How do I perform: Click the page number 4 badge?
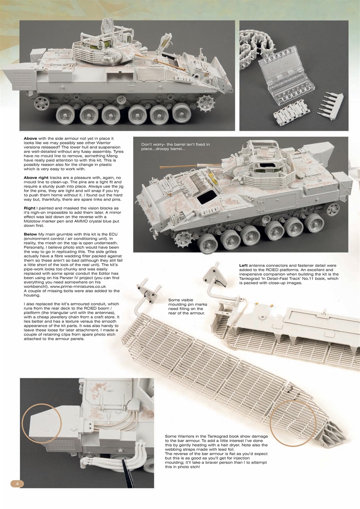coord(17,483)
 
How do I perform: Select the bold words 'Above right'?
coord(39,177)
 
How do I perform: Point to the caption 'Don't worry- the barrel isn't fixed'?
coord(175,147)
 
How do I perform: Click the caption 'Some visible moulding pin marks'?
coord(186,307)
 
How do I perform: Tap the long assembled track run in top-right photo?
coord(255,60)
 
